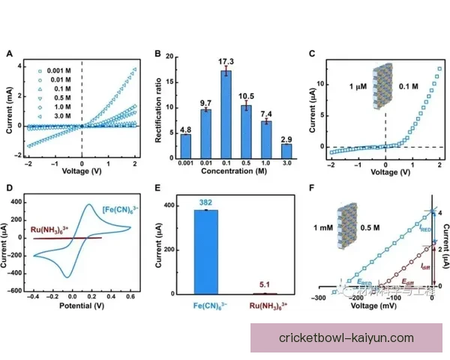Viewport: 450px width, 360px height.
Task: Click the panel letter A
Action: click(9, 53)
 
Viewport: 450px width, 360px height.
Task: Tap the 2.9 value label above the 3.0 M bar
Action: click(286, 139)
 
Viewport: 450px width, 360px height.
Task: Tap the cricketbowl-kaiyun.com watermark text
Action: click(346, 338)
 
